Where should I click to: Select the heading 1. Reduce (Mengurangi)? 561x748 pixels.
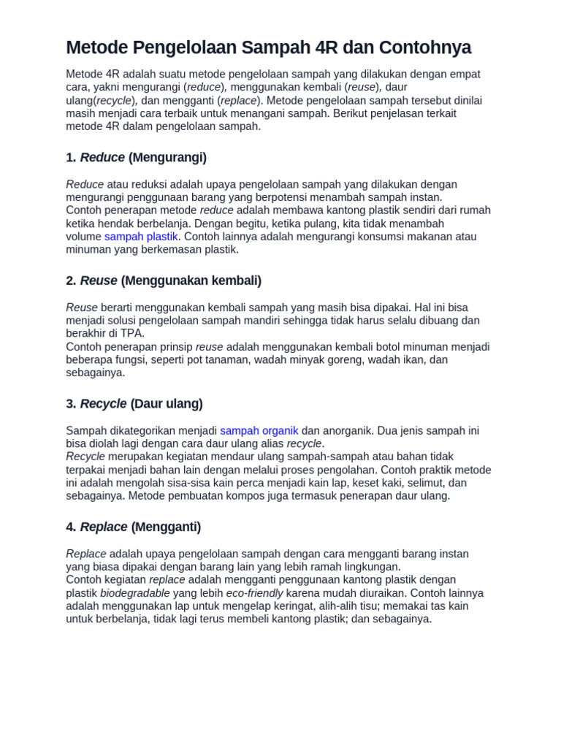[x=137, y=157]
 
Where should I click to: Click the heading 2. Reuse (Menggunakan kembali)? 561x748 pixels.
[x=164, y=280]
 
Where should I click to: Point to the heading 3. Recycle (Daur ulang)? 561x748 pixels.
[x=134, y=404]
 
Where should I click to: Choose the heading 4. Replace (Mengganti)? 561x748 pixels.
[x=134, y=527]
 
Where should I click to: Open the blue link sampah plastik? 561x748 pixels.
[x=141, y=237]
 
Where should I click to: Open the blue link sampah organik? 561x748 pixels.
[x=259, y=431]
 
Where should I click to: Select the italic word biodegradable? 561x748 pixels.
[x=135, y=593]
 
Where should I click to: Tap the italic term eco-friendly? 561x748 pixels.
[x=254, y=593]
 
